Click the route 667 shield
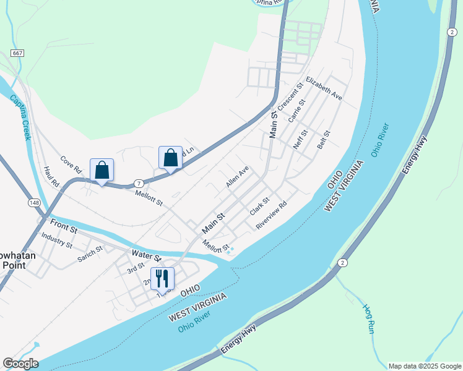click(x=17, y=54)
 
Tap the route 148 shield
click(x=34, y=203)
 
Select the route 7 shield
click(x=139, y=183)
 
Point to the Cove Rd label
click(x=71, y=164)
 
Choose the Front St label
click(x=64, y=226)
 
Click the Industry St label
click(x=56, y=240)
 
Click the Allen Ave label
click(x=237, y=177)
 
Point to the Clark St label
click(x=260, y=207)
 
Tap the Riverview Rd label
click(x=272, y=215)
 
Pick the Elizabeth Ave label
click(x=324, y=89)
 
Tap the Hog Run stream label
click(x=368, y=319)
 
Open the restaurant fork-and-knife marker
click(x=162, y=278)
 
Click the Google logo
click(x=20, y=364)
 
